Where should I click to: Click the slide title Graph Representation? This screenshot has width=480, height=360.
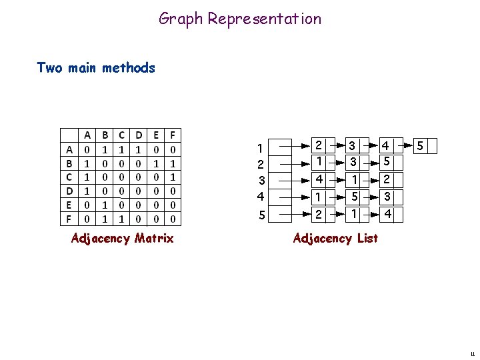click(x=240, y=19)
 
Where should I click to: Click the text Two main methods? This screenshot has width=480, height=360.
click(x=96, y=67)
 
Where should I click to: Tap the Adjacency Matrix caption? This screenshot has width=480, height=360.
click(x=122, y=238)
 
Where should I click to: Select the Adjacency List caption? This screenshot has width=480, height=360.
click(x=335, y=238)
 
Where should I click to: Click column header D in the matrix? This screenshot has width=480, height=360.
click(x=138, y=135)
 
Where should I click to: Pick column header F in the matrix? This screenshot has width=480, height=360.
click(x=173, y=135)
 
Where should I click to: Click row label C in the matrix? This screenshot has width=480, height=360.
click(x=69, y=177)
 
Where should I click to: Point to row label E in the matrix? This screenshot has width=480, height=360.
click(x=69, y=204)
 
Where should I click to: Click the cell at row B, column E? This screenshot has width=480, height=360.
click(x=155, y=163)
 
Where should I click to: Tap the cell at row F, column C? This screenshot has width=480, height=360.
click(x=121, y=218)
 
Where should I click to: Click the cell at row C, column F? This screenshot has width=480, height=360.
click(x=173, y=177)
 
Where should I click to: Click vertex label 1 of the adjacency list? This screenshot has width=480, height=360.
click(x=261, y=147)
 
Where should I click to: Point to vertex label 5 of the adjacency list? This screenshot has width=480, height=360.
click(x=261, y=215)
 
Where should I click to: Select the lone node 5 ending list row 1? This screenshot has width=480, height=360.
click(x=419, y=145)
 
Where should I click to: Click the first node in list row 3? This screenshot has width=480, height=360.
click(x=319, y=179)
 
